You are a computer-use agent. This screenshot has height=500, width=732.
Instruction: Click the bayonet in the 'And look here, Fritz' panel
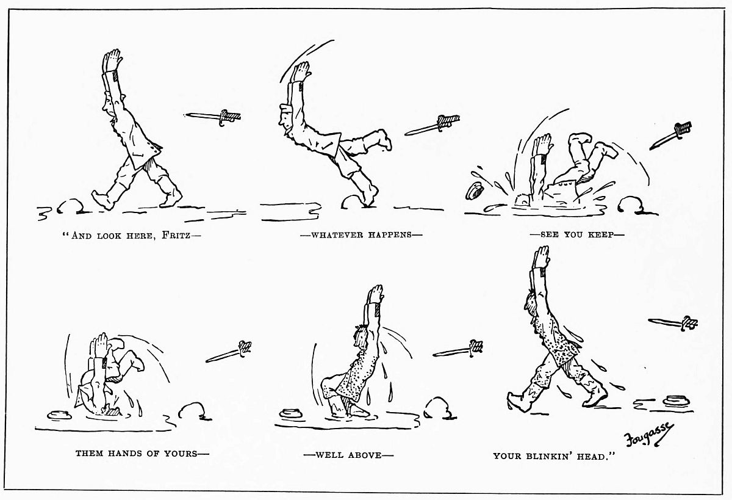(212, 117)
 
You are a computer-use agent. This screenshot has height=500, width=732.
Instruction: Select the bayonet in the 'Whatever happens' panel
(432, 125)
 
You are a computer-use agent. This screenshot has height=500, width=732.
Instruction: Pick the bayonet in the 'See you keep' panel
(670, 135)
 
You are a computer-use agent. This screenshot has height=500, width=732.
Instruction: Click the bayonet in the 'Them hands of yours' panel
(229, 352)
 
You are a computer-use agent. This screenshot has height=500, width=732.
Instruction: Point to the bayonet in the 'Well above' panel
(458, 349)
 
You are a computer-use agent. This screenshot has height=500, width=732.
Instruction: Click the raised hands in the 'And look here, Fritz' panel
(112, 61)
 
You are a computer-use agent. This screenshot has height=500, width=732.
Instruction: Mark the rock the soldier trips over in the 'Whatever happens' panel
(353, 201)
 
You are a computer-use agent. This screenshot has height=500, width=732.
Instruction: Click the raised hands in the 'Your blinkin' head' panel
(540, 258)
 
